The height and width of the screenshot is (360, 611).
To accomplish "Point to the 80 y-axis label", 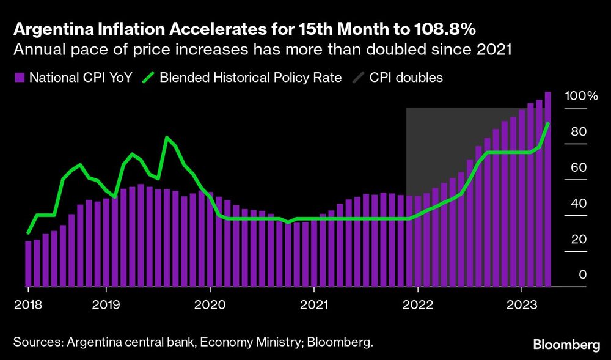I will [579, 132].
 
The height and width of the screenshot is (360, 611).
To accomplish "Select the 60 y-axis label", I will [579, 167].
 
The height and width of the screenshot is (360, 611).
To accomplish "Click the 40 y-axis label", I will [579, 204].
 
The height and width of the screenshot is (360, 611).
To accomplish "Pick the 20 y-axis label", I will [579, 239].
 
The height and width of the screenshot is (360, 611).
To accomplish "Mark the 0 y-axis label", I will [582, 274].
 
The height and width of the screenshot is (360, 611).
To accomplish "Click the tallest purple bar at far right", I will [548, 189].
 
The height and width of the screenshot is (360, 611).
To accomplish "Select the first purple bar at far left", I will [28, 263].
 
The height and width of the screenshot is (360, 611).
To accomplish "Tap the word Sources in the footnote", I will [35, 342].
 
